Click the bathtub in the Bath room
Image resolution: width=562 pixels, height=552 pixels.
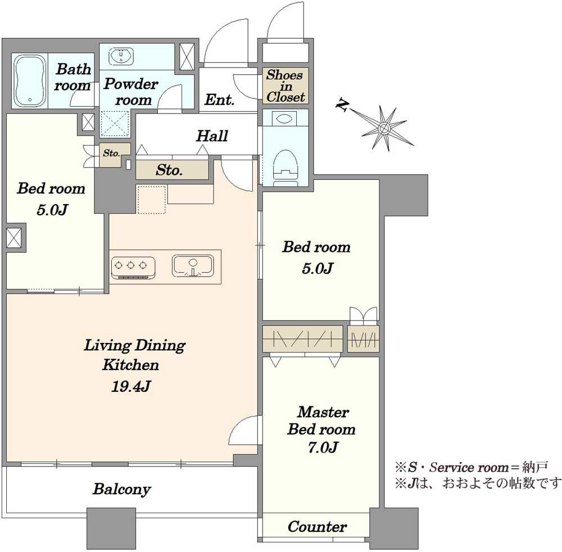click(30, 81)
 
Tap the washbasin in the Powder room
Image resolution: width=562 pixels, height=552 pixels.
click(121, 56)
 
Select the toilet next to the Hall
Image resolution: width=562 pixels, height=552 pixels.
click(284, 163)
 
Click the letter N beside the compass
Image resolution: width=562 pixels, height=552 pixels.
click(341, 105)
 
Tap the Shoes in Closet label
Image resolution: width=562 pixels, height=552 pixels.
click(285, 86)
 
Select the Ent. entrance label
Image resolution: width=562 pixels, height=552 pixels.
click(219, 101)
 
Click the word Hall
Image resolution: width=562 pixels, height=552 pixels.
click(212, 136)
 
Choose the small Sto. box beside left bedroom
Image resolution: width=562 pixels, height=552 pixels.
click(111, 152)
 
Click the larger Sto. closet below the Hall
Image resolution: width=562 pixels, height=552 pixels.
click(169, 170)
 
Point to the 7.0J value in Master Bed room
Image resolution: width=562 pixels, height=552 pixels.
click(321, 447)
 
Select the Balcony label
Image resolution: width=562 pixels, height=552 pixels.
click(121, 489)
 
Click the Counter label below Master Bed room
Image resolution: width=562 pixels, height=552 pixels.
click(317, 527)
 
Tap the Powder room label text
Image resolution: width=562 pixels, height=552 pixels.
click(132, 92)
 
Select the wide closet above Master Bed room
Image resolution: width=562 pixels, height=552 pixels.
click(302, 339)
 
